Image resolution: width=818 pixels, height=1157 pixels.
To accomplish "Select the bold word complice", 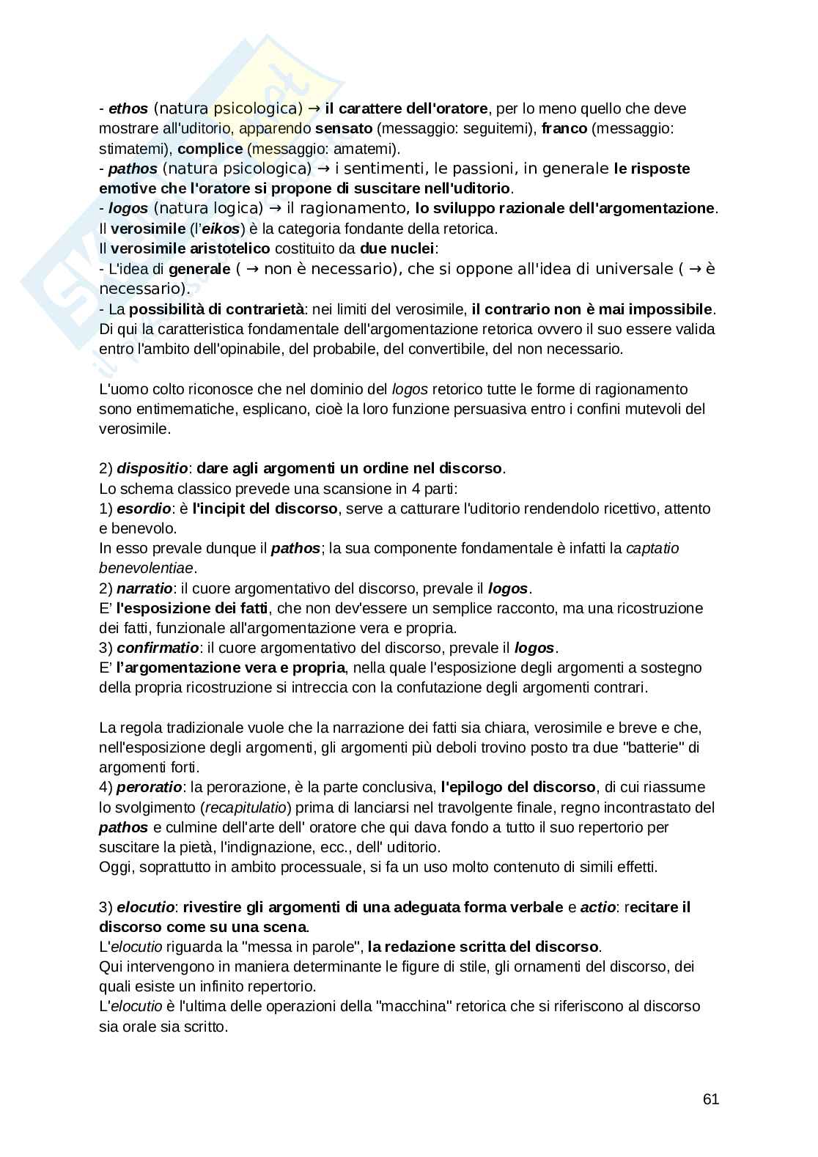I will [210, 149].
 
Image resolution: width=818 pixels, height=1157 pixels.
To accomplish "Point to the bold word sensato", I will [344, 129].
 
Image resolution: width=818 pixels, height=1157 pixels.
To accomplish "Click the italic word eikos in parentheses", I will [220, 229].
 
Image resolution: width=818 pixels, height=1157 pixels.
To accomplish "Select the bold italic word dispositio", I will [152, 468].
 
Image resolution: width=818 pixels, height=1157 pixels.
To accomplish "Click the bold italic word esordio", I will [144, 509].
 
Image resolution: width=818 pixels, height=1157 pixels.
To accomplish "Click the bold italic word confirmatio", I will [158, 648].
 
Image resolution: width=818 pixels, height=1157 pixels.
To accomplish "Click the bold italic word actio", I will [598, 907].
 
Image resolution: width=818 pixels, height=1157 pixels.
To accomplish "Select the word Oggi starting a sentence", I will [114, 868].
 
